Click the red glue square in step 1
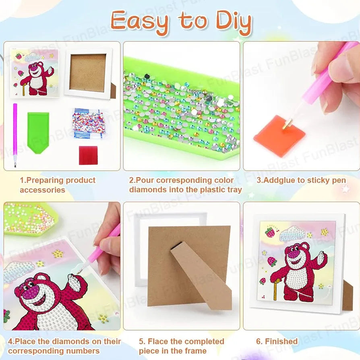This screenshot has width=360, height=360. point(88,155)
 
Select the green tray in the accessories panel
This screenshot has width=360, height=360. point(38,132)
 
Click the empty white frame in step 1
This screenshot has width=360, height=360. point(89,73)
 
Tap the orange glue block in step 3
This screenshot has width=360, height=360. point(279,135)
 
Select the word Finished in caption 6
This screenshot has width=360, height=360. point(281,341)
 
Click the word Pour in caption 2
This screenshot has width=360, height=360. point(145,180)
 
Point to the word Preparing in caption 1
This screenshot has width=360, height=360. point(42,180)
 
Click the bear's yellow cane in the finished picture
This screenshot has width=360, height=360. point(275,289)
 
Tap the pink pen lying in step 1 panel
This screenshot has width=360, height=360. point(15,135)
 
